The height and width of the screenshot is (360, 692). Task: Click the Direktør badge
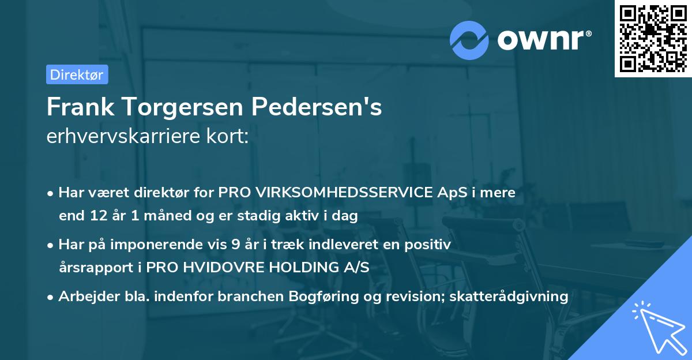pos(77,74)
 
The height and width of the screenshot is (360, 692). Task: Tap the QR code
pos(653,38)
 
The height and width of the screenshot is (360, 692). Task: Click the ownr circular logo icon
pos(469,40)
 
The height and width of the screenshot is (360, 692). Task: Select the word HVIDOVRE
pos(235,268)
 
